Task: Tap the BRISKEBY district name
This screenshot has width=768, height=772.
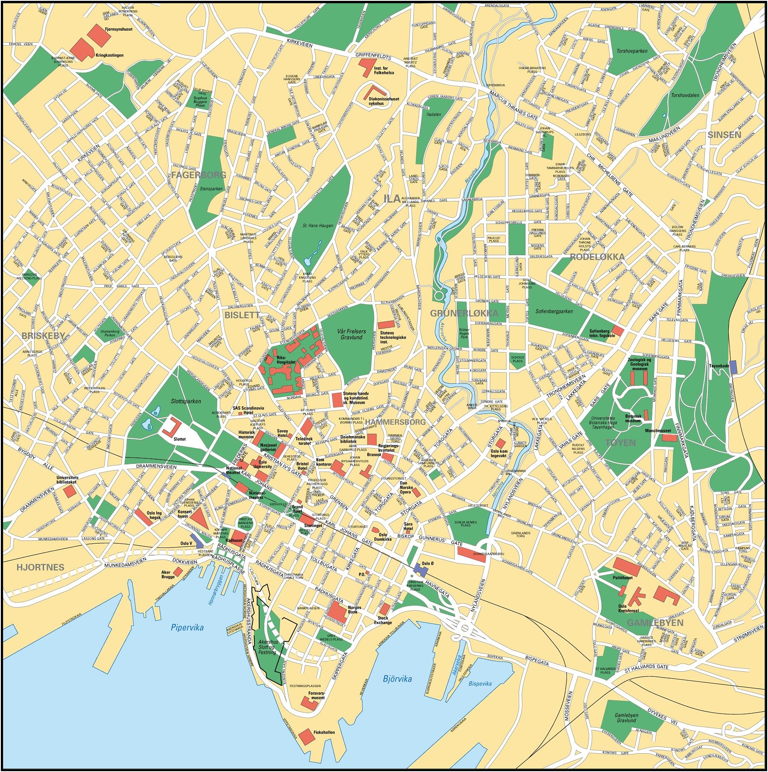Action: pos(43,336)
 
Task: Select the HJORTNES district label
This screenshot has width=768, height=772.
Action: pos(40,567)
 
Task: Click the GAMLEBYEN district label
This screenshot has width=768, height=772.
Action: pos(655,623)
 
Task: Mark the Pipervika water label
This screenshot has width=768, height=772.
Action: pos(187,627)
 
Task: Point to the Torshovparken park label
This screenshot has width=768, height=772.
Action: pos(632,51)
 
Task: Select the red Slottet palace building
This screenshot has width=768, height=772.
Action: pos(172,427)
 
